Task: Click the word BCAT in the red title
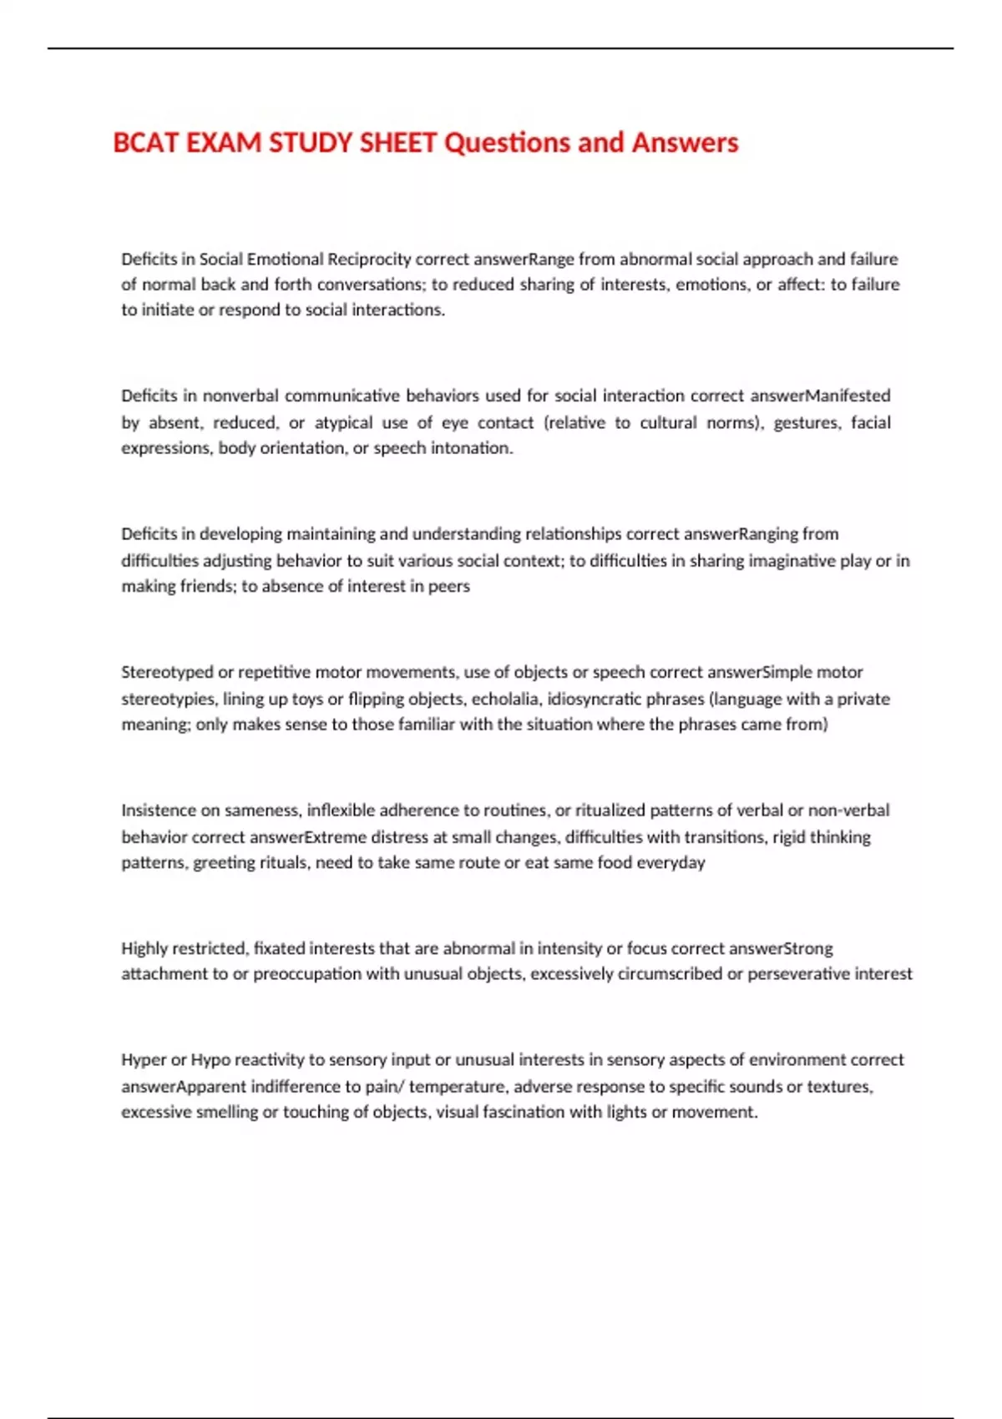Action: click(x=145, y=143)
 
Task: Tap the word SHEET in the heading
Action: click(x=397, y=143)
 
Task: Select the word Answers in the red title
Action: click(x=685, y=143)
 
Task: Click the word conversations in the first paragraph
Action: click(x=372, y=285)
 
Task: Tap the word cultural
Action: click(x=668, y=422)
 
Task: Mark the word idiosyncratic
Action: click(x=595, y=699)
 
